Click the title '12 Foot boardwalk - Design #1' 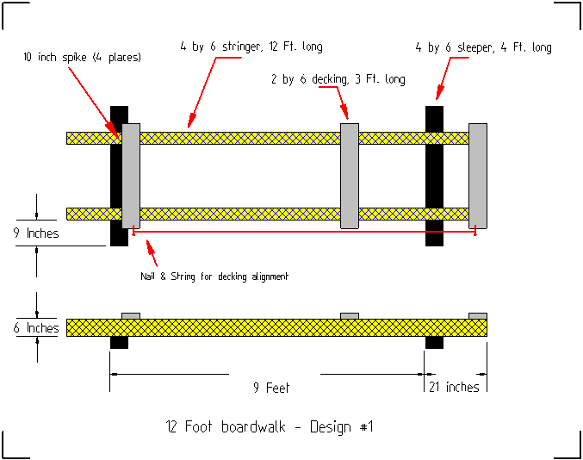click(x=270, y=426)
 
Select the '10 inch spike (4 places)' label click(x=83, y=58)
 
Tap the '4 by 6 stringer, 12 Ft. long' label click(x=251, y=46)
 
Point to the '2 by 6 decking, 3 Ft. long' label click(x=338, y=79)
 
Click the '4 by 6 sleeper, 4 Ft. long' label click(x=483, y=47)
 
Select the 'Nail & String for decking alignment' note click(x=214, y=277)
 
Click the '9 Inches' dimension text click(x=37, y=233)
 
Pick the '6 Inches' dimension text click(x=37, y=328)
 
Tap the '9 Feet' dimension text click(x=271, y=388)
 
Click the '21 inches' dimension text click(x=454, y=388)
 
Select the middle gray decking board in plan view click(x=350, y=176)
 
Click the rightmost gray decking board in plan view click(x=478, y=176)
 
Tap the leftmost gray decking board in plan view click(x=131, y=176)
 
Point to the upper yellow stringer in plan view click(x=241, y=138)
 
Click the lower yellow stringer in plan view click(x=241, y=214)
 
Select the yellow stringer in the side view click(x=276, y=327)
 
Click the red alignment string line click(x=301, y=232)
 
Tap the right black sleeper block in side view click(x=435, y=342)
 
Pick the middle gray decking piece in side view click(x=350, y=315)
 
